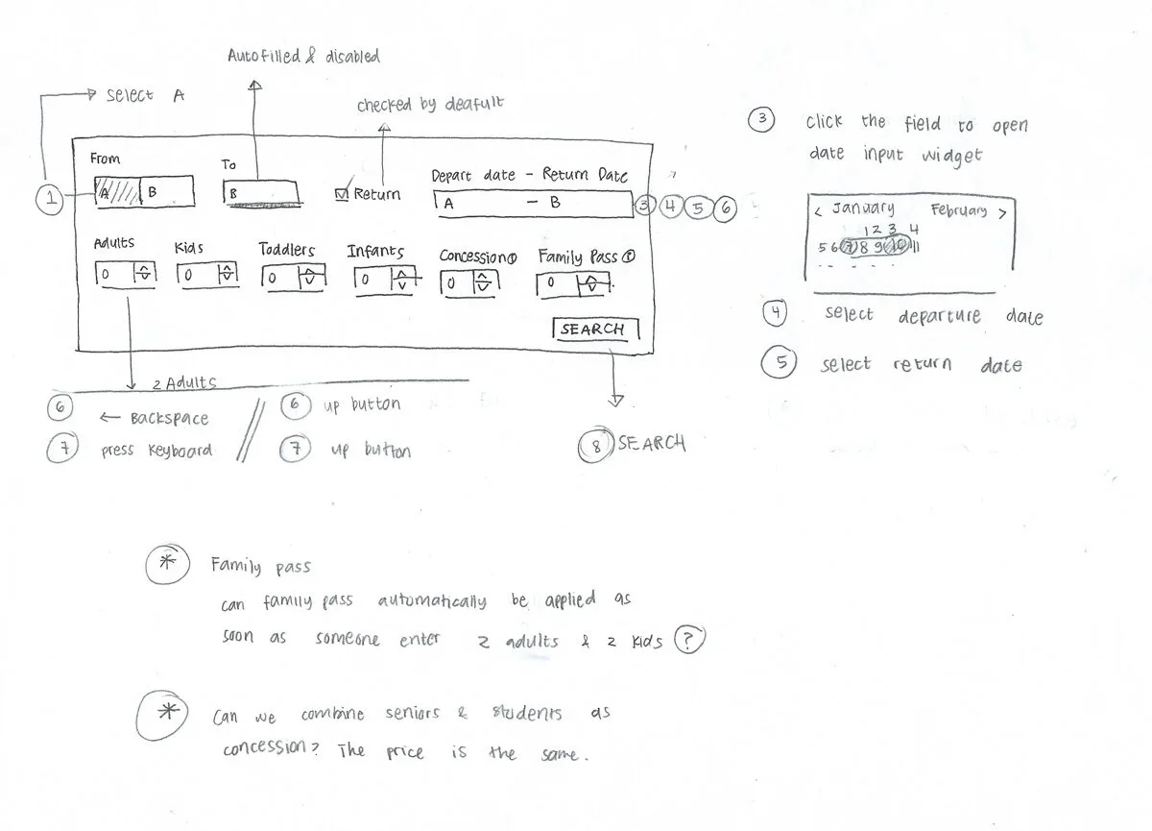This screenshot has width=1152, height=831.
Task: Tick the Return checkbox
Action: pyautogui.click(x=341, y=194)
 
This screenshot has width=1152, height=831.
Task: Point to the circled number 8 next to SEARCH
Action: pyautogui.click(x=595, y=446)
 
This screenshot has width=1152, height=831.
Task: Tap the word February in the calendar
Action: pyautogui.click(x=958, y=209)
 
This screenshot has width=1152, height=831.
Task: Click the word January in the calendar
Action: pyautogui.click(x=863, y=208)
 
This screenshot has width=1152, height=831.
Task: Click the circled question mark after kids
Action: pyautogui.click(x=688, y=640)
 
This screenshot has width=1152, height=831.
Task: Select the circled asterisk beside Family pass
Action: pyautogui.click(x=166, y=565)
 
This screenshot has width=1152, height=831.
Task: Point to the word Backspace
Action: pyautogui.click(x=169, y=419)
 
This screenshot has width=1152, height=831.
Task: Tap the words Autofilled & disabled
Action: pyautogui.click(x=303, y=57)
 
